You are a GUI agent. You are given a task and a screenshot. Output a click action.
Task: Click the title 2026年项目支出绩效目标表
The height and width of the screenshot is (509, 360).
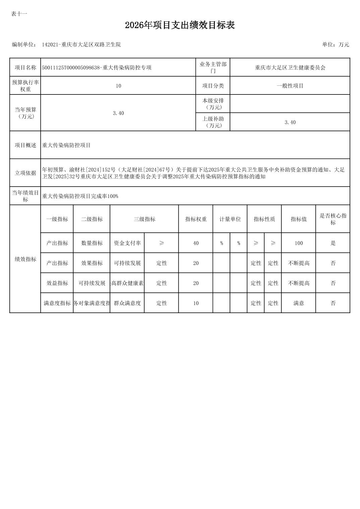[x=180, y=25]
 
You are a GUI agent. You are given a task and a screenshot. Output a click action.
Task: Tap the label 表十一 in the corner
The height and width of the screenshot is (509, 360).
[x=19, y=14]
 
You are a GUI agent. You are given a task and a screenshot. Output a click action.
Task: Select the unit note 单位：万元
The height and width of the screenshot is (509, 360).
[x=336, y=45]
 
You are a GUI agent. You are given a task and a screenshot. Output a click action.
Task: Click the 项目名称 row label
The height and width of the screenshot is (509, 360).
[x=25, y=67]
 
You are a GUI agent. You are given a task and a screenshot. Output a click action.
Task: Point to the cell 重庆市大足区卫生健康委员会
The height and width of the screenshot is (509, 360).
[x=290, y=67]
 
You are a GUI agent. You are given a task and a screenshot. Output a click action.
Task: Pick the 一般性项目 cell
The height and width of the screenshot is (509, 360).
[x=290, y=86]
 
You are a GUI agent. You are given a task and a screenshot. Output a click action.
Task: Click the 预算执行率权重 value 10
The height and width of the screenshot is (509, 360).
[x=118, y=86]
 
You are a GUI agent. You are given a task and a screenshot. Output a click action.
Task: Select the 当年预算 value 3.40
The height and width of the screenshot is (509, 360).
[x=118, y=113]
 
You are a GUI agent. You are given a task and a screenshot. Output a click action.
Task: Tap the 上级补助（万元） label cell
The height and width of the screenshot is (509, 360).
[x=213, y=122]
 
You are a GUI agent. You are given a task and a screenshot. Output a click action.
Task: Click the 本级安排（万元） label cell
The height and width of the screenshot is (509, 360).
[x=213, y=104]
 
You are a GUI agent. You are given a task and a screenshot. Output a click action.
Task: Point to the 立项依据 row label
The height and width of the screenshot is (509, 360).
[x=25, y=173]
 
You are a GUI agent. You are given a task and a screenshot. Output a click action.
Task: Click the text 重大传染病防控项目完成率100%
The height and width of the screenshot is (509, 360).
[x=80, y=196]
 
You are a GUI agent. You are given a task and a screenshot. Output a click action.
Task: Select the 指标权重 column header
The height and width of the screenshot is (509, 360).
[x=196, y=219]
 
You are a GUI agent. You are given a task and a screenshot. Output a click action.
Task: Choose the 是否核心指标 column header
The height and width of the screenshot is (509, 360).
[x=333, y=219]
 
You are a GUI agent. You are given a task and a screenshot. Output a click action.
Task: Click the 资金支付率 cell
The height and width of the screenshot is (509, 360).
[x=127, y=243]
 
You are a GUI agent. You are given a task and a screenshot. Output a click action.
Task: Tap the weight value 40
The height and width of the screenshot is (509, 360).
[x=196, y=243]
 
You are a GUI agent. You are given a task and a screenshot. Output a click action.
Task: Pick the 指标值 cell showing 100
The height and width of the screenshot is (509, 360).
[x=299, y=243]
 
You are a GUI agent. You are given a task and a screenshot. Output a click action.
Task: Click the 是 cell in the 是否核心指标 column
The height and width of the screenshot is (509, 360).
[x=333, y=243]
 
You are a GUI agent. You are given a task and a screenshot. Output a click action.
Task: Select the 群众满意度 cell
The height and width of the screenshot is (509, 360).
[x=127, y=303]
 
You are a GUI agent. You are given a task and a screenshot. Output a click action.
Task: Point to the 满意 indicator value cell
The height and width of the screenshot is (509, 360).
[x=299, y=303]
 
